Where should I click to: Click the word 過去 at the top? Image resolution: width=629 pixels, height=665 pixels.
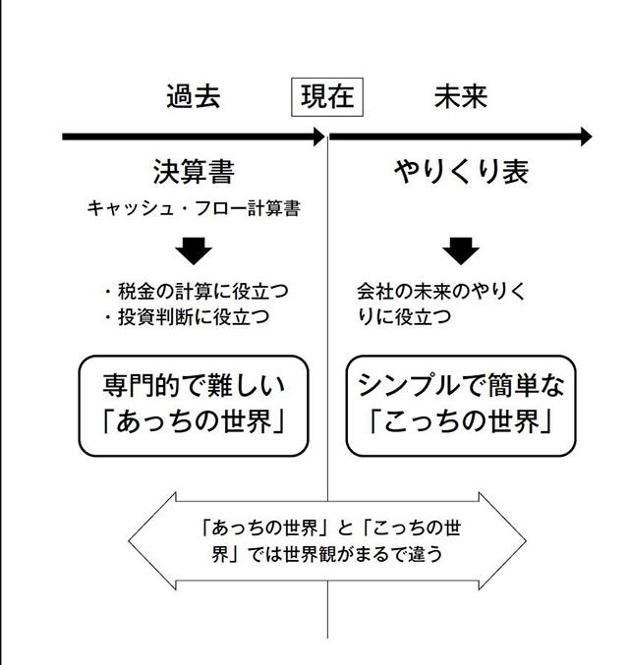coord(193,97)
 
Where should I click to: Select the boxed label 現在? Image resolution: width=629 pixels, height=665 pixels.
coord(326,97)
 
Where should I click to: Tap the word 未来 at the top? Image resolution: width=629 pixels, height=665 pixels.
coord(461,97)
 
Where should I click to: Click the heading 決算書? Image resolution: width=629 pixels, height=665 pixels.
coord(194,172)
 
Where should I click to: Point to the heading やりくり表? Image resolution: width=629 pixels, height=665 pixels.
coord(461,172)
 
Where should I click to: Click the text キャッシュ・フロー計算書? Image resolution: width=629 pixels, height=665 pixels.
coord(194,208)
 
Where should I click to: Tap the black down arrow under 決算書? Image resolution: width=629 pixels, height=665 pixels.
coord(195,251)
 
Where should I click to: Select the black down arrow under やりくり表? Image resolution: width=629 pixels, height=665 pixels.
coord(460,251)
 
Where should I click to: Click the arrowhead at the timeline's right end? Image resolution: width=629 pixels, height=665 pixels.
coord(586,137)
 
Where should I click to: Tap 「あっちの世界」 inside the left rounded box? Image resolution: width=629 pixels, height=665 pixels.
coord(194,423)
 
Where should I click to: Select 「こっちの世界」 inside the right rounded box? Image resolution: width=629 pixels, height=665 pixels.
coord(462,423)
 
